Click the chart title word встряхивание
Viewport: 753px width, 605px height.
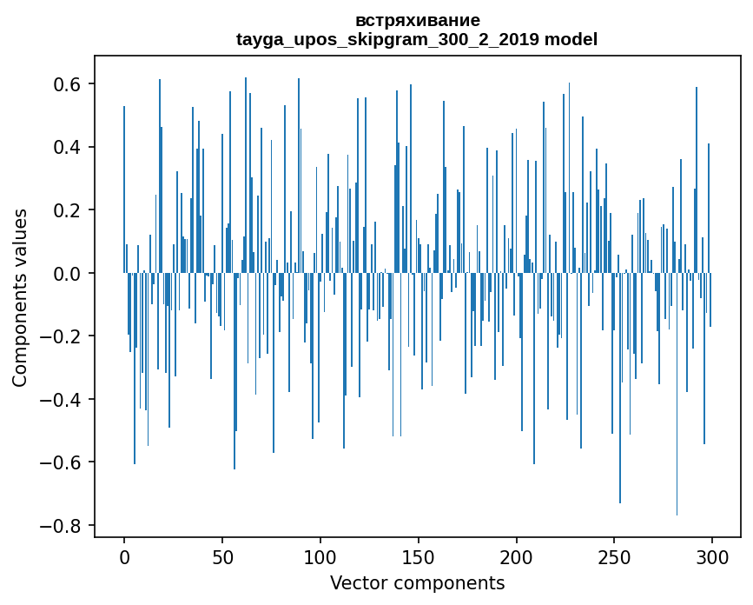pos(418,20)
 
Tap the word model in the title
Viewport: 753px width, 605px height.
pos(571,39)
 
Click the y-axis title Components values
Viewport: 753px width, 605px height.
pos(20,297)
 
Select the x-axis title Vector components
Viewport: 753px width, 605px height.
pos(417,582)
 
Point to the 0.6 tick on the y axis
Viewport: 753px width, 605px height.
pos(69,84)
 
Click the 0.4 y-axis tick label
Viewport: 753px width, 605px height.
pos(69,147)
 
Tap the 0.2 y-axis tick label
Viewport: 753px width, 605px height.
pos(69,210)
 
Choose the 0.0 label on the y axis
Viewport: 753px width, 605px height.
pos(69,274)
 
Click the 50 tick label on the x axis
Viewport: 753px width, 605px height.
pos(222,555)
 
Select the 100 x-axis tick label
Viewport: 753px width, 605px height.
pos(320,555)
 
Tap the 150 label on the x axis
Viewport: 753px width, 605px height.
pos(419,555)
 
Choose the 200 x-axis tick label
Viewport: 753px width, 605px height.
pos(517,555)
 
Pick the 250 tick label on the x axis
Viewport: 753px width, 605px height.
pos(615,555)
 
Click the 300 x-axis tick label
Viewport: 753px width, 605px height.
pos(713,555)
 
